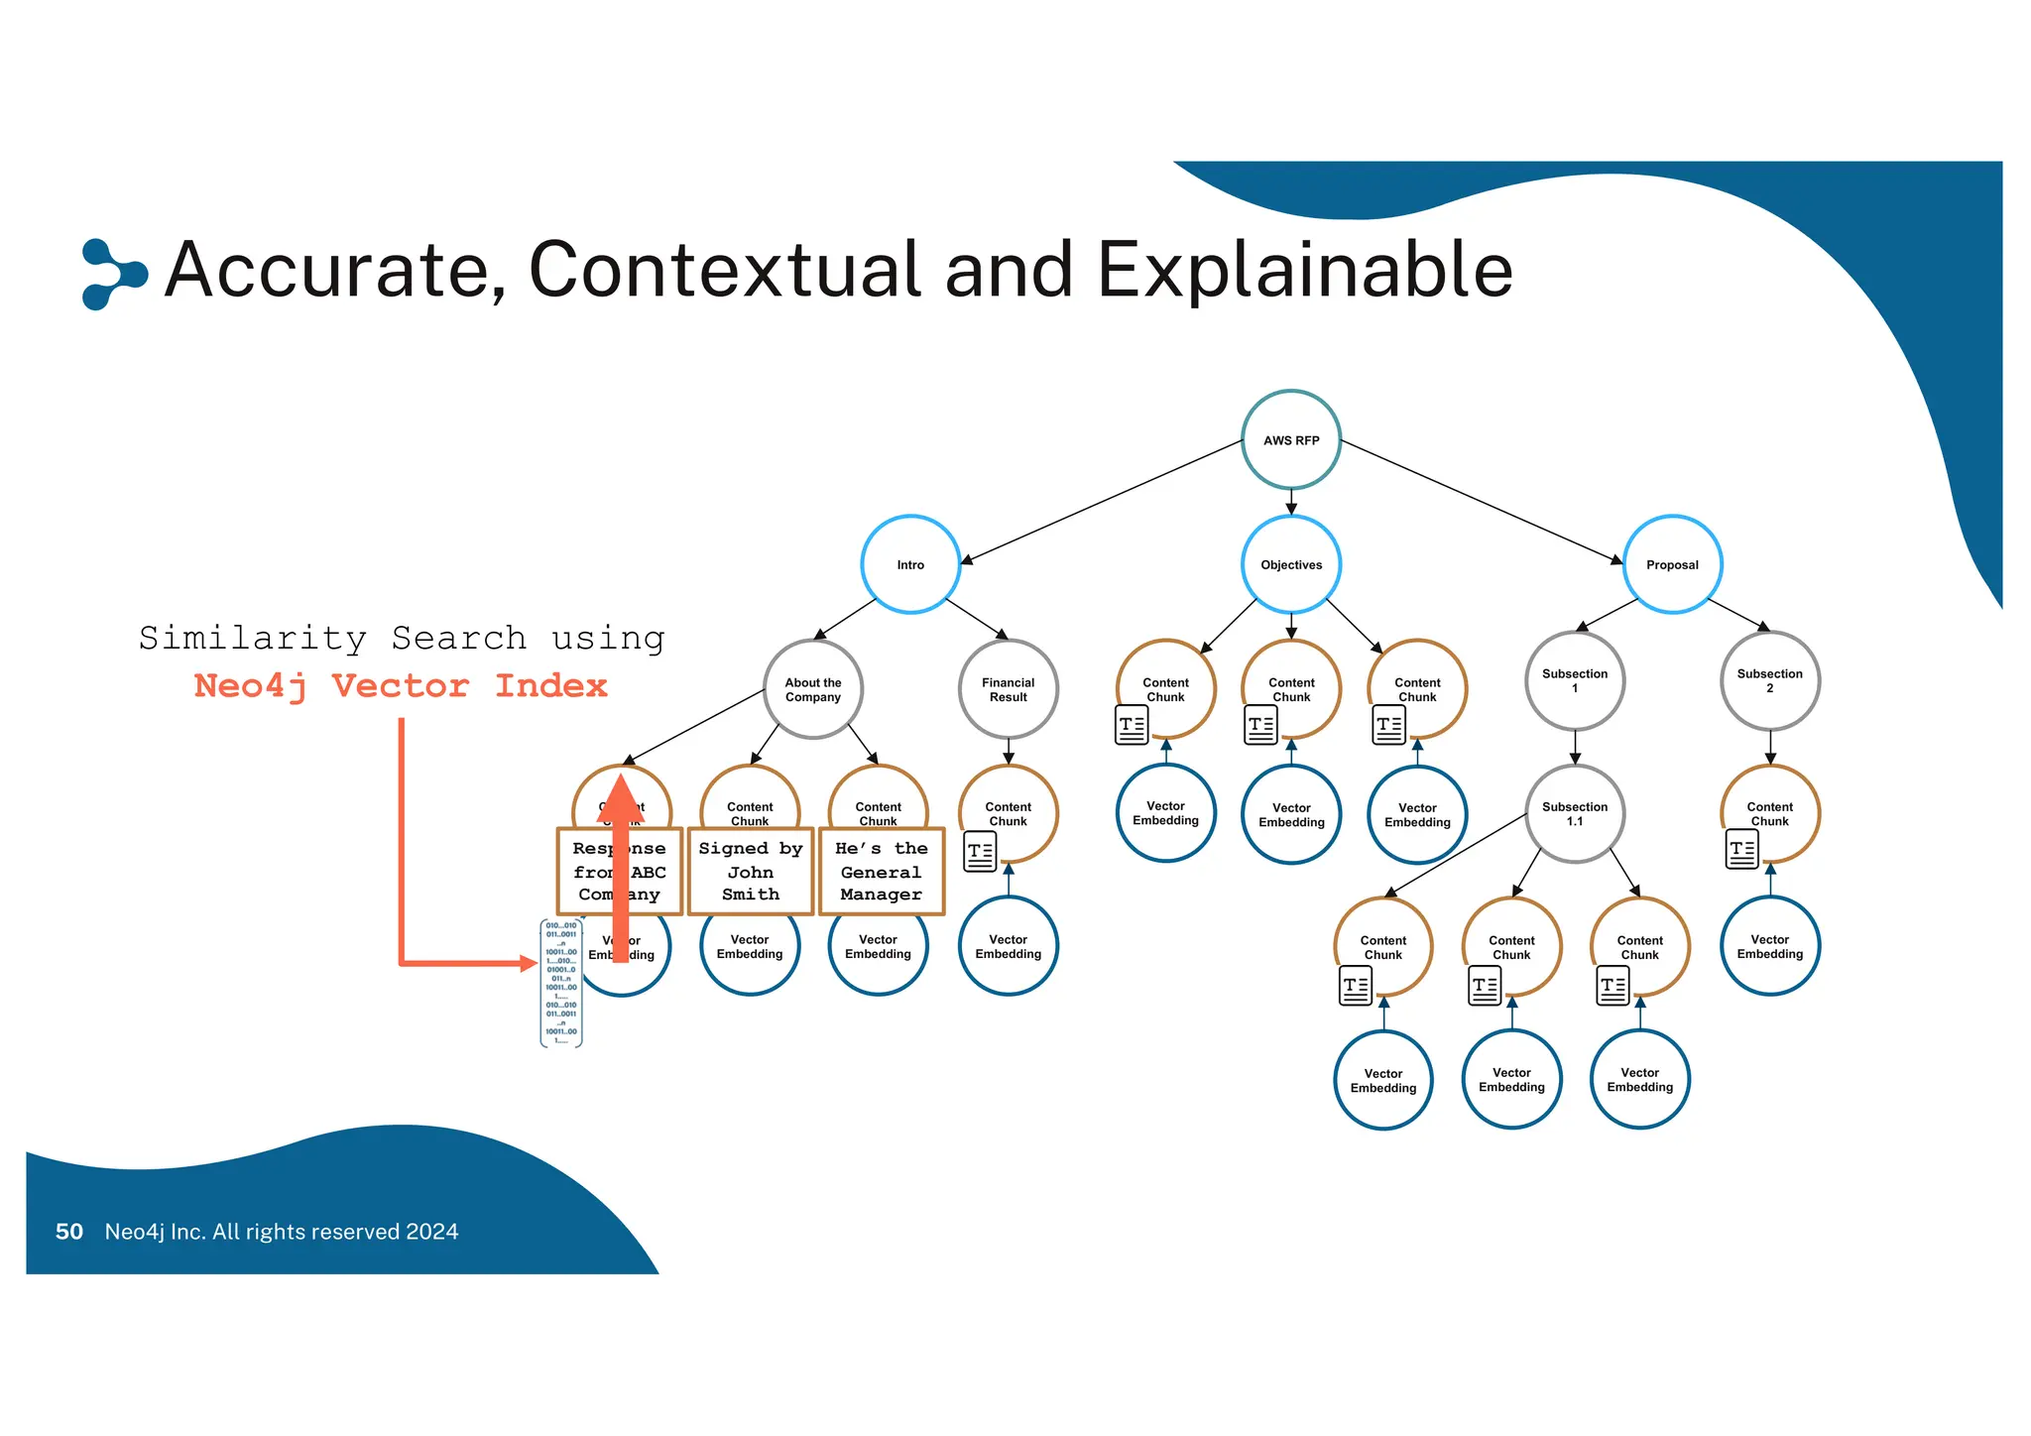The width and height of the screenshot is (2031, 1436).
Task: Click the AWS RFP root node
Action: tap(1291, 439)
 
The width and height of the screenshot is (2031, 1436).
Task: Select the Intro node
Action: tap(910, 564)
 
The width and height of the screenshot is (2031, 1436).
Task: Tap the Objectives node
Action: tap(1291, 564)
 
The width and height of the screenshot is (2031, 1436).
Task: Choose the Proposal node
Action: tap(1672, 564)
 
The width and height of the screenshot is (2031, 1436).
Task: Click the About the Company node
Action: tap(813, 689)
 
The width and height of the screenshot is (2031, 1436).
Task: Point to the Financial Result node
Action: tap(1008, 689)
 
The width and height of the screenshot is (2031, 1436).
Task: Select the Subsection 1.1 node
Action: tap(1575, 813)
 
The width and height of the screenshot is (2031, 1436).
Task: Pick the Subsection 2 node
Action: tap(1769, 680)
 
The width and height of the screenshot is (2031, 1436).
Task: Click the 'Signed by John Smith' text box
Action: tap(751, 872)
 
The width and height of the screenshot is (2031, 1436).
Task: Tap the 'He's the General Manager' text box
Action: tap(881, 872)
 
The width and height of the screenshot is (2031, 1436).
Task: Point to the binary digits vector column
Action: tap(561, 983)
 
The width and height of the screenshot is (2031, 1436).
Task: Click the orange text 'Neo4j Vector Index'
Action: tap(401, 685)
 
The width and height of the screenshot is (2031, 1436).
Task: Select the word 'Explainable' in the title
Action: tap(1304, 270)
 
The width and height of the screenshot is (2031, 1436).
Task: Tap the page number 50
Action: tap(69, 1232)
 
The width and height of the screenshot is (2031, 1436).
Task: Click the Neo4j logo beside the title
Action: tap(113, 274)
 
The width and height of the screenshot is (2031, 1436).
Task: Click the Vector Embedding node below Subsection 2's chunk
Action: tap(1769, 946)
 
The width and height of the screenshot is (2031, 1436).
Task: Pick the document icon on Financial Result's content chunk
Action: tap(980, 851)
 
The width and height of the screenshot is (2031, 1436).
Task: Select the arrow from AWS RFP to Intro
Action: tap(1101, 503)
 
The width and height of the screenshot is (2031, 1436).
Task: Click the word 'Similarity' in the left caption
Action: tap(253, 638)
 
